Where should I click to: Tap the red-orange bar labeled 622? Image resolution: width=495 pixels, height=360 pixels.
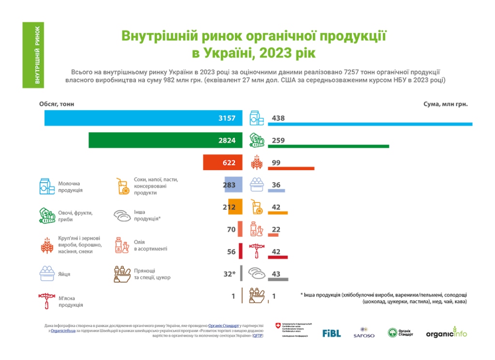tap(220, 163)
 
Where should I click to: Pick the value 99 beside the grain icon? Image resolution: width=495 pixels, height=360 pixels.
tap(276, 163)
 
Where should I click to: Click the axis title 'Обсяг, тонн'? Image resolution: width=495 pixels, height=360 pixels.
tap(57, 104)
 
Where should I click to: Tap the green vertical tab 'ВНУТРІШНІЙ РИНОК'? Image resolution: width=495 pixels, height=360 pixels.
tap(37, 55)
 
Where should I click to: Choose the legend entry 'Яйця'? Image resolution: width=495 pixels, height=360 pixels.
tap(64, 274)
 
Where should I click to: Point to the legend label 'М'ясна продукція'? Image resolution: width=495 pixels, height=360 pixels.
tap(70, 302)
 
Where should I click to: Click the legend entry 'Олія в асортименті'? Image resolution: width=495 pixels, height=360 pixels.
tap(150, 245)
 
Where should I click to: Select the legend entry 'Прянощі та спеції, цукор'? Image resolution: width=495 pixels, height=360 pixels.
tap(152, 274)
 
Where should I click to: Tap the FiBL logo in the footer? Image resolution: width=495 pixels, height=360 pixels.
tap(332, 333)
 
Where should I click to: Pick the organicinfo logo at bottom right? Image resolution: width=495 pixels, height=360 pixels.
tap(446, 333)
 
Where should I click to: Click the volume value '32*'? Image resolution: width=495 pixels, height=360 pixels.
tap(229, 274)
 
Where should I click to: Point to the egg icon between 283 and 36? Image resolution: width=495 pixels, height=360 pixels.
tap(256, 185)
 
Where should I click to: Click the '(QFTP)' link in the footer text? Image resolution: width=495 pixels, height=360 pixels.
tap(258, 335)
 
